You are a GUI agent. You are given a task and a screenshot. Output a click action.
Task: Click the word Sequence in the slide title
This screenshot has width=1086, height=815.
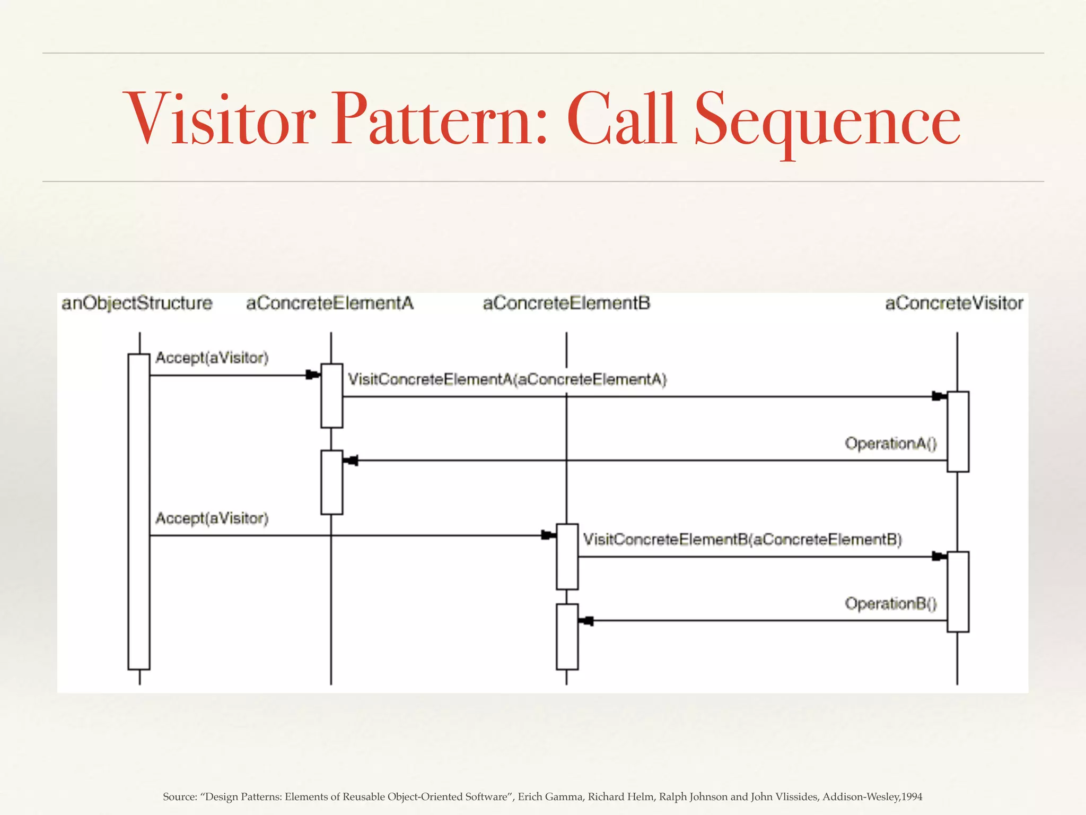click(827, 121)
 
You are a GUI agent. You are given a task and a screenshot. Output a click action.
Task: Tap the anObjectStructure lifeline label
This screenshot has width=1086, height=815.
click(137, 304)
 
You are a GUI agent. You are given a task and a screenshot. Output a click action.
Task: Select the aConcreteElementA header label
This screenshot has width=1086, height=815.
click(329, 304)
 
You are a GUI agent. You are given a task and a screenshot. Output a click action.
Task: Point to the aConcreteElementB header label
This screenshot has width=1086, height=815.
click(566, 304)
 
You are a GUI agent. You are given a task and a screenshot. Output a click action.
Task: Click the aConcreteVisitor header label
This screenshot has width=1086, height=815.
click(954, 304)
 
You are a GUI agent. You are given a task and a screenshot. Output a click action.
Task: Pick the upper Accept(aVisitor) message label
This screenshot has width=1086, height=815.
click(212, 358)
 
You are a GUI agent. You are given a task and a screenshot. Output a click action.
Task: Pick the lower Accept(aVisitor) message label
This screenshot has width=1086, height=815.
click(212, 518)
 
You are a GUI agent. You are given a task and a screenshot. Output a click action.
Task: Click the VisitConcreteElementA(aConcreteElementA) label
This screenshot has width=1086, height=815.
click(507, 379)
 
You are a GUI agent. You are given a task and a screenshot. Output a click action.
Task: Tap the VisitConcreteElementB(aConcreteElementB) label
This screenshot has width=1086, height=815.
click(742, 540)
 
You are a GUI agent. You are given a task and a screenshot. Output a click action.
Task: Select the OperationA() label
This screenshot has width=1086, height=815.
click(891, 444)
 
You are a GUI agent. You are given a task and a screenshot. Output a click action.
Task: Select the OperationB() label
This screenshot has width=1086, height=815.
click(891, 604)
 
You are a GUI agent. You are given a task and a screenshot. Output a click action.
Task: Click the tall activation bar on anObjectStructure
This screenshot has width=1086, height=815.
click(139, 512)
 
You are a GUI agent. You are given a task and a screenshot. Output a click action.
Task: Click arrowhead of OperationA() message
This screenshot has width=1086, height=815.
click(351, 461)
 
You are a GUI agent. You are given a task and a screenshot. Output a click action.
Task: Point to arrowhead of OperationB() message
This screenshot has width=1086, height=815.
click(586, 621)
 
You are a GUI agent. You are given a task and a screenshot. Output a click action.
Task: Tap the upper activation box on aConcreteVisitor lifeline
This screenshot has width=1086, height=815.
click(958, 431)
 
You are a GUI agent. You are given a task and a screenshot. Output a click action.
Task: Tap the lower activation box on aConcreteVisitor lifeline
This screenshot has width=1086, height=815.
click(958, 592)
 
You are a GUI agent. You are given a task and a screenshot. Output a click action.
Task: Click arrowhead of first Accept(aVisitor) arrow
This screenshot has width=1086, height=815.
click(313, 375)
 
